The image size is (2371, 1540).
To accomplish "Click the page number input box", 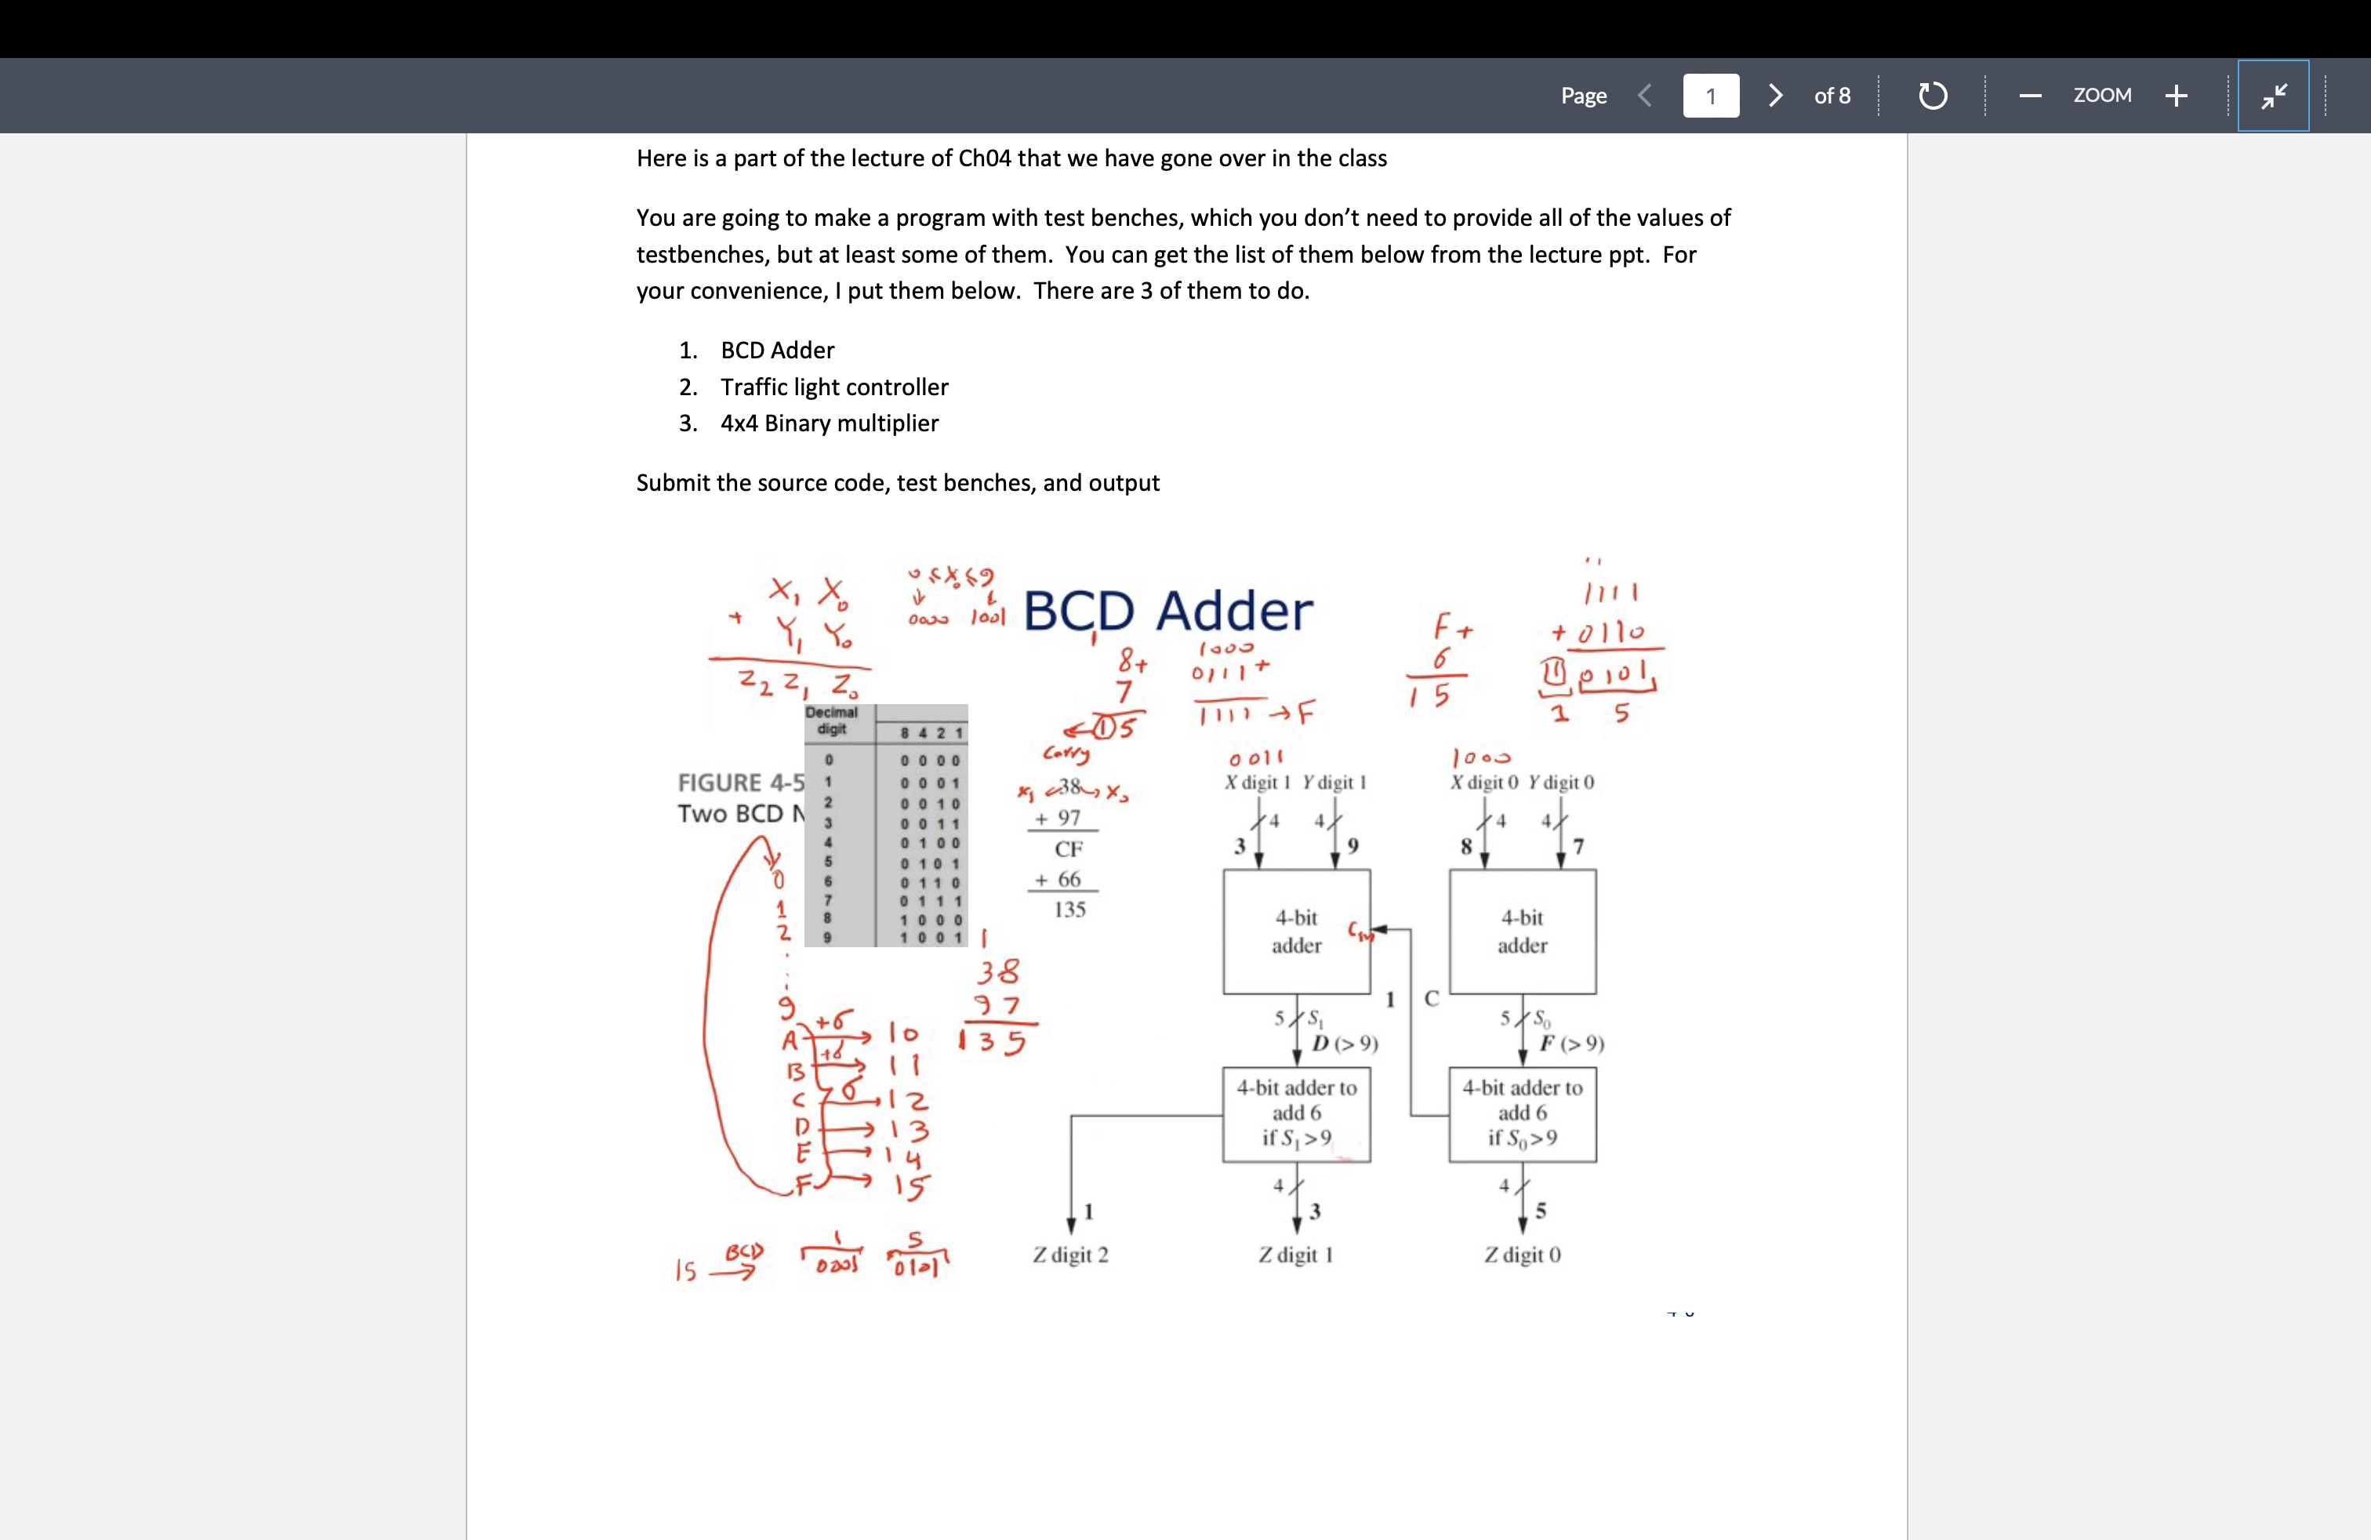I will (1711, 96).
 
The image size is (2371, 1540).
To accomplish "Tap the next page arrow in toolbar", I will (1774, 96).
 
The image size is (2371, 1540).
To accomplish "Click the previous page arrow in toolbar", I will (1645, 96).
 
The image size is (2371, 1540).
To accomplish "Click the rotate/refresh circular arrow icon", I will (1932, 96).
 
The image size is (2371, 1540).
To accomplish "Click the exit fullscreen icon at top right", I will (2272, 96).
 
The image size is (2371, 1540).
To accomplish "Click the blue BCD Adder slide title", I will (1167, 611).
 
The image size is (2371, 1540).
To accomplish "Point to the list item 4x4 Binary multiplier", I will (829, 423).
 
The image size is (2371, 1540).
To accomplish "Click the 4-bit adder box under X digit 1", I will (1296, 932).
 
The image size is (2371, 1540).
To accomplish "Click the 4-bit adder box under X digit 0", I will (1521, 932).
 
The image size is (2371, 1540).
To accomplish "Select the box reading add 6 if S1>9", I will (1296, 1113).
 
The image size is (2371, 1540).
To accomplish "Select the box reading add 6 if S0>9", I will (1521, 1113).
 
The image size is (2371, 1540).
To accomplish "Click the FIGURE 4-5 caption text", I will (740, 783).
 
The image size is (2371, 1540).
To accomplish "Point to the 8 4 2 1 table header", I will (931, 733).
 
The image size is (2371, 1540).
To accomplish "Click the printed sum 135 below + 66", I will (1069, 910).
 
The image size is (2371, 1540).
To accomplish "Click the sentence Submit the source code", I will (897, 483).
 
